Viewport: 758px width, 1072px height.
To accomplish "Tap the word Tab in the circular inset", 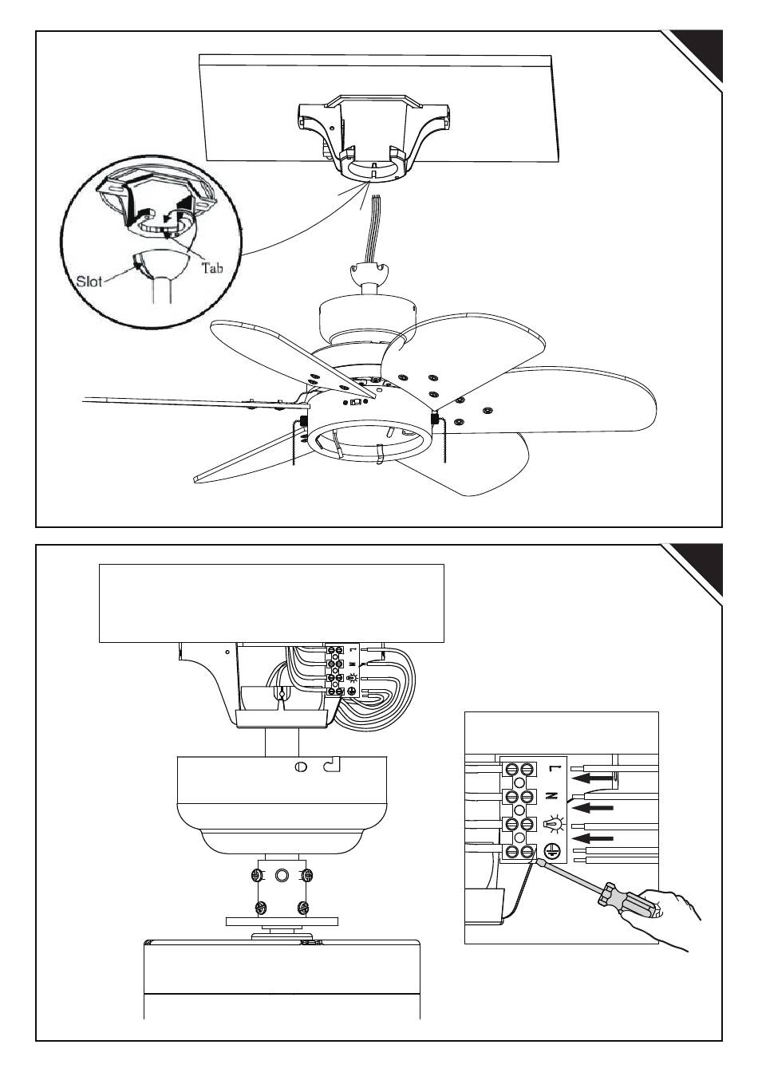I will pos(211,267).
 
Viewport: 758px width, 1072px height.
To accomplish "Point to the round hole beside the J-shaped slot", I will pos(301,767).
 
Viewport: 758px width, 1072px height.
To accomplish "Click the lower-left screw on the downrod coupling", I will pos(260,907).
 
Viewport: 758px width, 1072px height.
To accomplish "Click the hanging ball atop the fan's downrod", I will pos(369,274).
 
